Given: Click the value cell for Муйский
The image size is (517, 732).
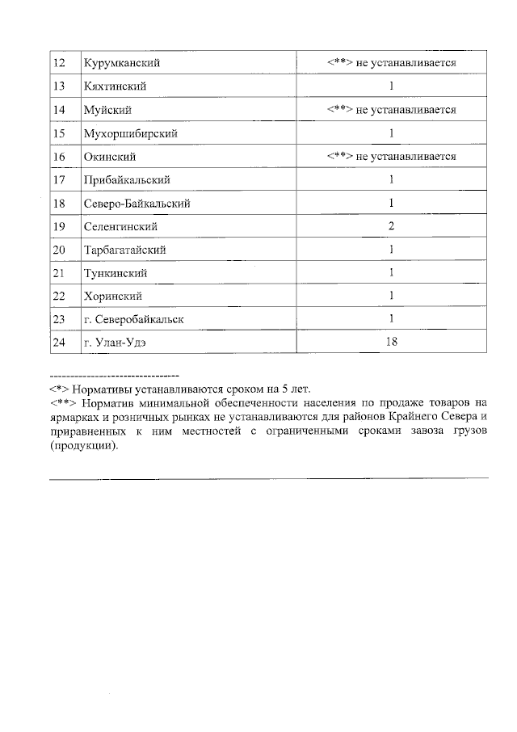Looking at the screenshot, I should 392,110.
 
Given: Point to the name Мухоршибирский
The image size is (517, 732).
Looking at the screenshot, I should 130,133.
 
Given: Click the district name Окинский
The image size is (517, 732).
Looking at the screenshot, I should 109,157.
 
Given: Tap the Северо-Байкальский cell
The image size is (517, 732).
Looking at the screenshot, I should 137,204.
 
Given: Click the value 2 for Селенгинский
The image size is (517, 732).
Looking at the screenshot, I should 392,227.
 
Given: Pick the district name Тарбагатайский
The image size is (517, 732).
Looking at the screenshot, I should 124,250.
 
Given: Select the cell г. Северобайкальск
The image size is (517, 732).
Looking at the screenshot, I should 133,320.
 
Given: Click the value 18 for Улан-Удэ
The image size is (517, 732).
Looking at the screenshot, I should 392,343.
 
